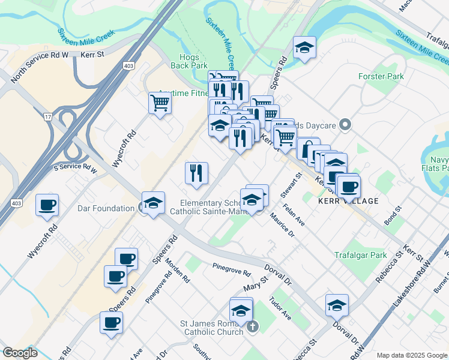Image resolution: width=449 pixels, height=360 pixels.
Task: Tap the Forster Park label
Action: coord(381,76)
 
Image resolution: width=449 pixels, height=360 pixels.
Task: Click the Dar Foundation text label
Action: coord(106,208)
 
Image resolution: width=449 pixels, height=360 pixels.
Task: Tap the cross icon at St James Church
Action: coord(253,327)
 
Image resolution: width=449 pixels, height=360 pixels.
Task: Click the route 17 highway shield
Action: coord(47,115)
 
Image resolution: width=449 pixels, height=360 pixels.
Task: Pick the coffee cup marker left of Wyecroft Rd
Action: coord(47,205)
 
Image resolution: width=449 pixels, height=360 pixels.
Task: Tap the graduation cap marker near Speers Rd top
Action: coord(304,47)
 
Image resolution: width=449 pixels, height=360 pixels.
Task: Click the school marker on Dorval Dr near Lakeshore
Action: coord(337,305)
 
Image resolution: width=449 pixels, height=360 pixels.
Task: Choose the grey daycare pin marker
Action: coord(345,125)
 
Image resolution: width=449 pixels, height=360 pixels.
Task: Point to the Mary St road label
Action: coord(255,286)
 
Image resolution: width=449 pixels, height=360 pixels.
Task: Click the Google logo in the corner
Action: coord(20,353)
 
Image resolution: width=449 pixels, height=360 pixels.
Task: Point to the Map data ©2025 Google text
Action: coord(411,355)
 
